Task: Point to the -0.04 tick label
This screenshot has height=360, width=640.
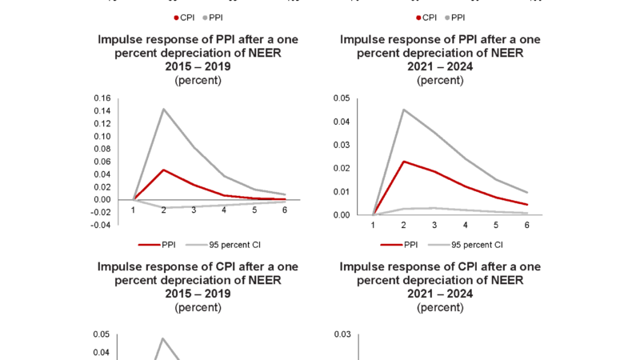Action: [x=100, y=226]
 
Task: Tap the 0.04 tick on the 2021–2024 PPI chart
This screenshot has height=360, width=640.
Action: [x=342, y=122]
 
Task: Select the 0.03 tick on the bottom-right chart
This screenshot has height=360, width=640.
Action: [x=342, y=334]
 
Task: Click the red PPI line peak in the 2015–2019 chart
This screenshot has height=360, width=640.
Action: [x=163, y=170]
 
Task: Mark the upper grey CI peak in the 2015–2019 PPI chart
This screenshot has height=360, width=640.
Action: [x=163, y=109]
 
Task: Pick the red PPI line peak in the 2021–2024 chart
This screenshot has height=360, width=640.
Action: [x=404, y=162]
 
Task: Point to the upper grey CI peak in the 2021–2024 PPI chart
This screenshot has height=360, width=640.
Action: [x=404, y=110]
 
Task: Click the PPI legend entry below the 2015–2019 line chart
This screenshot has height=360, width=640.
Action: [x=160, y=245]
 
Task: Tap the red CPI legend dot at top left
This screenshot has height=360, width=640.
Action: [x=176, y=17]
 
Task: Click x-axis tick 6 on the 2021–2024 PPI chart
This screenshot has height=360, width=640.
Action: [x=526, y=226]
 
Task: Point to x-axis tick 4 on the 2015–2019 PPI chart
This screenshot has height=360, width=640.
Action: [x=224, y=210]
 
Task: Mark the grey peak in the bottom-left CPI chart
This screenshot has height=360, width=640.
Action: [x=163, y=338]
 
